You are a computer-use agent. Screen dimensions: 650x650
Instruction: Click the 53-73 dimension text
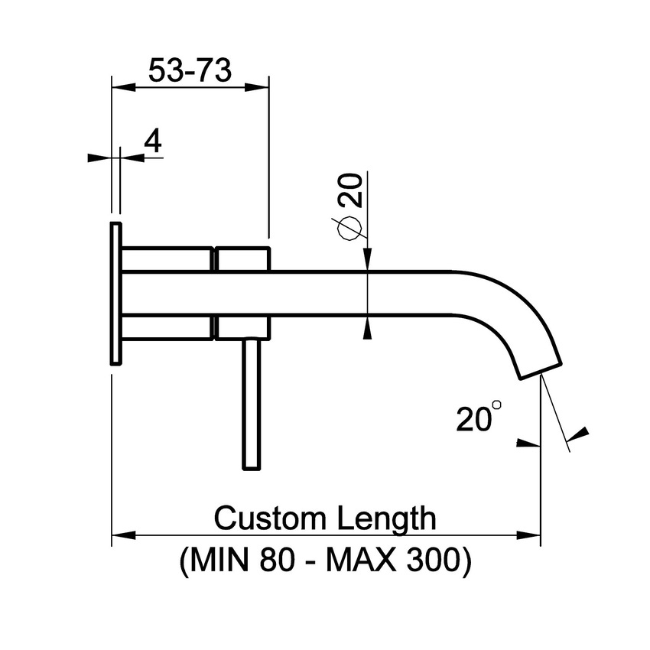190,71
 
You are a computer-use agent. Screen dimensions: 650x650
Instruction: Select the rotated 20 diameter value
349,191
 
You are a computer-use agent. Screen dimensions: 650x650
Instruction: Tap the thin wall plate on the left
115,294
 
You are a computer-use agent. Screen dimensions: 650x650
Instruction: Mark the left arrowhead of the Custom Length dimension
122,535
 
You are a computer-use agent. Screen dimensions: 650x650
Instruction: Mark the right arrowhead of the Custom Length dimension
530,535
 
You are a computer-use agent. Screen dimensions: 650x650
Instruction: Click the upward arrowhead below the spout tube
368,327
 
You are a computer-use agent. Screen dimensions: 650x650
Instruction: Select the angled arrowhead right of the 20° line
580,433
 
